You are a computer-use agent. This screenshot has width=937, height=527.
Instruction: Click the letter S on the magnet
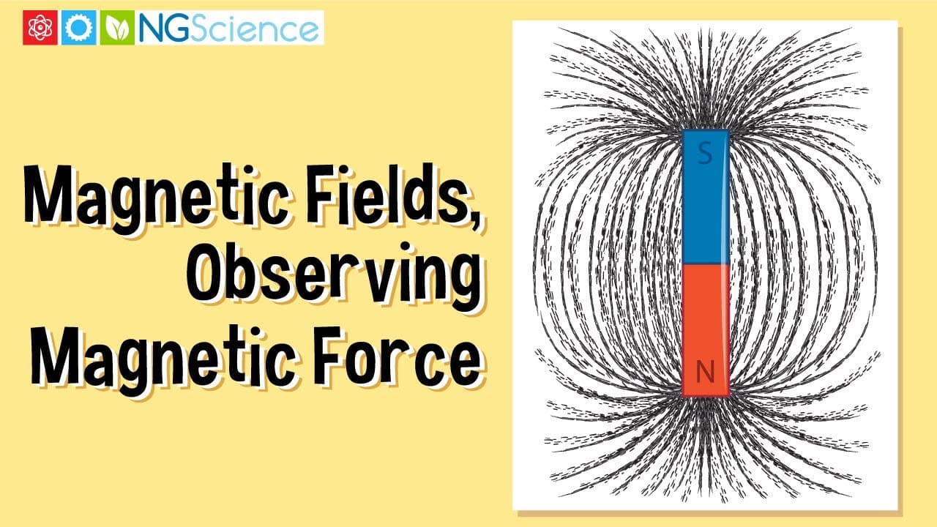tap(705, 154)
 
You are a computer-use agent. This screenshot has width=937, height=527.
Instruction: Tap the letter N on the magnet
tap(705, 373)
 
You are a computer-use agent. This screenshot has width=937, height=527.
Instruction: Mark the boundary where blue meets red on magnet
tap(706, 263)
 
